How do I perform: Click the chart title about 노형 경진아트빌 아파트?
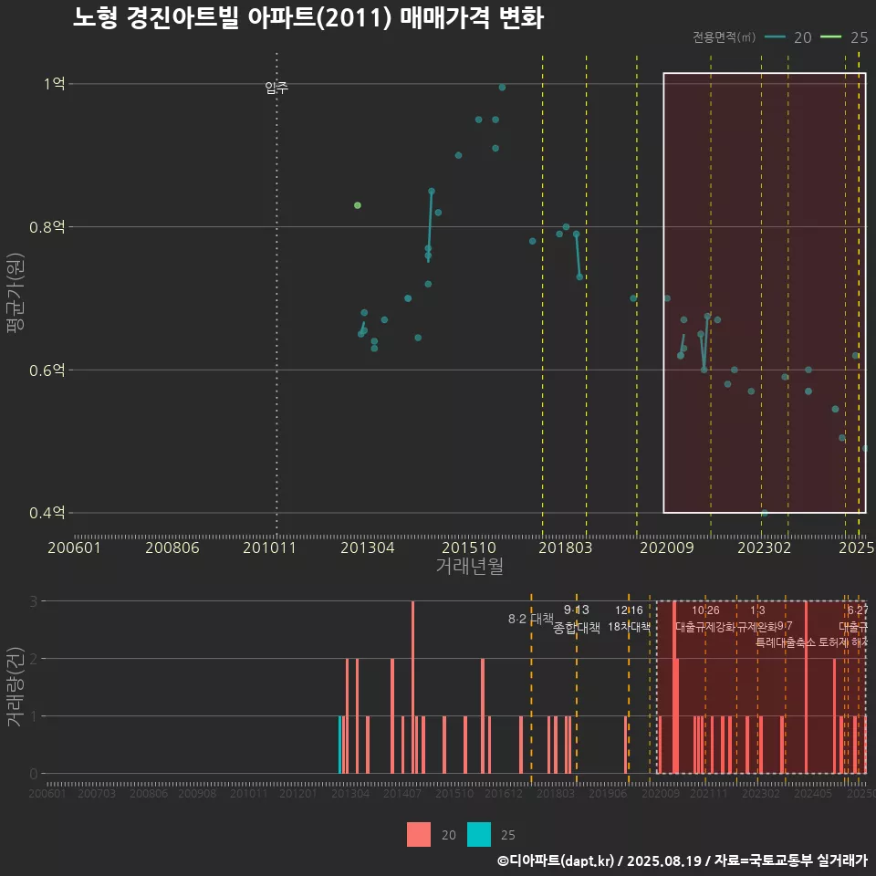tap(308, 18)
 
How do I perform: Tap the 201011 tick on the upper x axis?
tap(276, 548)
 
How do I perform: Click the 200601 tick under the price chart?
tap(74, 548)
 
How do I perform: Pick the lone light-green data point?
tap(358, 205)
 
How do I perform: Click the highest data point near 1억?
tap(502, 88)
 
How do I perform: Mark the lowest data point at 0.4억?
tap(764, 513)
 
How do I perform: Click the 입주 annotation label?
tap(276, 88)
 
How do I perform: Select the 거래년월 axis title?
tap(469, 567)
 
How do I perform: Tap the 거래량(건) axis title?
tap(16, 687)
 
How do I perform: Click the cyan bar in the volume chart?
tap(340, 745)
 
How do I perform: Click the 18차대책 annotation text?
tap(629, 627)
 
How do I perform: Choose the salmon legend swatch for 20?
tap(419, 834)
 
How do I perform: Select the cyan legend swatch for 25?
tap(479, 834)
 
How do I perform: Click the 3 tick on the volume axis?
tap(33, 601)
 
